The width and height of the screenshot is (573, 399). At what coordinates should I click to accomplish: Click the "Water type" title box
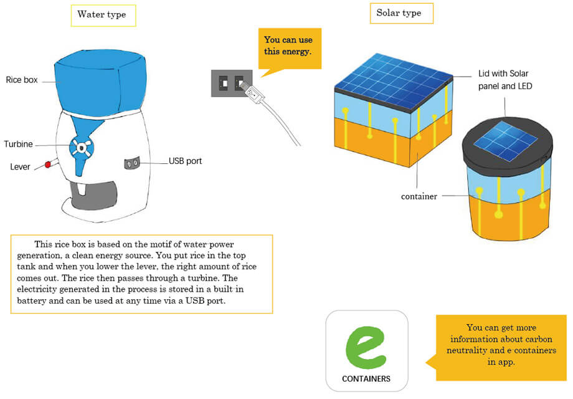[103, 16]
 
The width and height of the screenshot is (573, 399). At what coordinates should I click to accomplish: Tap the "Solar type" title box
[402, 13]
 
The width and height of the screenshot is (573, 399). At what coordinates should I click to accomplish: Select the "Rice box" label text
[22, 80]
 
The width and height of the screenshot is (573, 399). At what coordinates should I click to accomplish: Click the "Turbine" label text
[18, 144]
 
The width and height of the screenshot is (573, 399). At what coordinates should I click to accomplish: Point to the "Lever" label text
[20, 166]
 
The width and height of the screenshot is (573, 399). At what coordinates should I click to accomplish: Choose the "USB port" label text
[185, 161]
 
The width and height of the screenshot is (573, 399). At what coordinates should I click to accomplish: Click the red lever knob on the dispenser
[47, 165]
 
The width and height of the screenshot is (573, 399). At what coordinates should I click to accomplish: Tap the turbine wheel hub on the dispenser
[82, 148]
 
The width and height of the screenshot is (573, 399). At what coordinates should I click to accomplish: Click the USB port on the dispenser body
[132, 163]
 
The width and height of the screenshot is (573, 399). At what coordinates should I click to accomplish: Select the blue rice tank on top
[100, 82]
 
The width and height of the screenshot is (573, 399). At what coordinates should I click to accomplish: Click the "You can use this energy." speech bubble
[290, 49]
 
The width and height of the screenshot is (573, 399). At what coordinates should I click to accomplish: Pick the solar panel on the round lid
[505, 141]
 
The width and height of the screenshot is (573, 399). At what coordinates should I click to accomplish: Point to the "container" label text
[419, 196]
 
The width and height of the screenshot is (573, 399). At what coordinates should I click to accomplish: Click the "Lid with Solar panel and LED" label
[505, 80]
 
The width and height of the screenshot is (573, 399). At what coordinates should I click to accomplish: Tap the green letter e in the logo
[366, 347]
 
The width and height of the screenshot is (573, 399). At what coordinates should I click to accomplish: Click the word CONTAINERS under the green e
[366, 378]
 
